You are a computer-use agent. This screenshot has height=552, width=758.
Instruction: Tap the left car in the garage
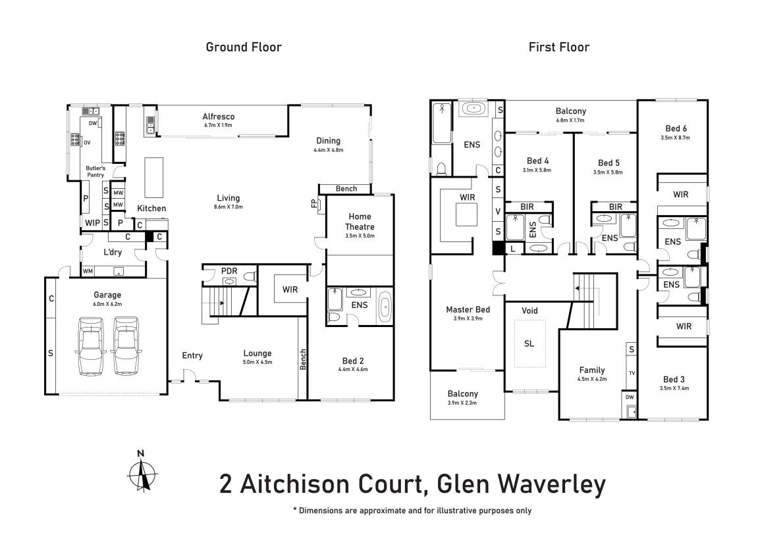coord(90,345)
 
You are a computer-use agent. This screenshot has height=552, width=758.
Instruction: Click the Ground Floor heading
coord(244,47)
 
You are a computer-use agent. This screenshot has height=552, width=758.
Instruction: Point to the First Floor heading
coord(559,47)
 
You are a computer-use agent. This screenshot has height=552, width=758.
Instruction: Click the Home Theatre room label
coord(360,222)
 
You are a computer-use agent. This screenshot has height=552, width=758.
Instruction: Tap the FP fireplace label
coord(313,203)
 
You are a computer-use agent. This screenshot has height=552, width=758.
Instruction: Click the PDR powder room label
coord(229,270)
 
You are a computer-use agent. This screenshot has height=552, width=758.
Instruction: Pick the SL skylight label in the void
coord(529,343)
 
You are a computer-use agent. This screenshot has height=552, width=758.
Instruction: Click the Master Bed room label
coord(468,309)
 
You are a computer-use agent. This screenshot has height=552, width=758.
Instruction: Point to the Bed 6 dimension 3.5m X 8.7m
coord(675,138)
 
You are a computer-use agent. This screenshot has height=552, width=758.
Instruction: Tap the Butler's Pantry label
coord(95,172)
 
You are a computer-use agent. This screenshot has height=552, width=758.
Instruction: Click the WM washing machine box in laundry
coord(88,271)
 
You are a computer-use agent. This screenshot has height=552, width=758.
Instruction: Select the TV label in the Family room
coord(632,373)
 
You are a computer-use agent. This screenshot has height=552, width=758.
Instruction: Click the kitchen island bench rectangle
coord(153,177)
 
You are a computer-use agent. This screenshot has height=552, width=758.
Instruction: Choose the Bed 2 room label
coord(353,361)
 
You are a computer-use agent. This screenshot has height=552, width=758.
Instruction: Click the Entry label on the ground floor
coord(192,355)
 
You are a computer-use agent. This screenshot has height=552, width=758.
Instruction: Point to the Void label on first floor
coord(529,310)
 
